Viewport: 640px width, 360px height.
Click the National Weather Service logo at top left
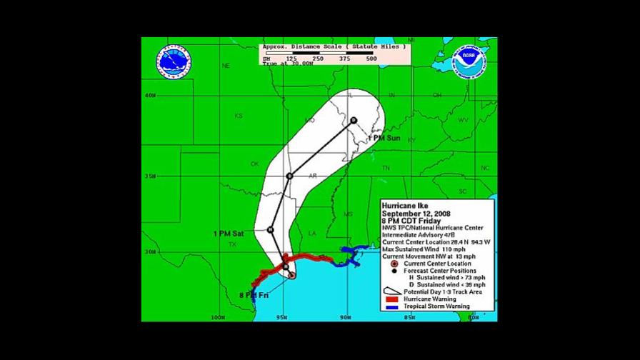[175, 63]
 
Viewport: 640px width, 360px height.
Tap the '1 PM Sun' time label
[384, 137]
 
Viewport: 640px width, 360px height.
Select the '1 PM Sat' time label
[229, 233]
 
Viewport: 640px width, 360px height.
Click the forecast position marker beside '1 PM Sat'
[271, 229]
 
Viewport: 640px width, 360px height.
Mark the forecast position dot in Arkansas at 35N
[289, 176]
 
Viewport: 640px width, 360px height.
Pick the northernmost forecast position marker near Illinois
[354, 120]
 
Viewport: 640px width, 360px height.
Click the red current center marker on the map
[291, 274]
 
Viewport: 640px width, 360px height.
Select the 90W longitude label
[346, 317]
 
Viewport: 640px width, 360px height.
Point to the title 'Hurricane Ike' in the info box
[406, 206]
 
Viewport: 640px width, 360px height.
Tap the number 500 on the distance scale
[371, 58]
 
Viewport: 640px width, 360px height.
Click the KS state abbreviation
[239, 116]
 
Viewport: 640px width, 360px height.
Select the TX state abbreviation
[232, 244]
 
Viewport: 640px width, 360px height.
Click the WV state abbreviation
[463, 120]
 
